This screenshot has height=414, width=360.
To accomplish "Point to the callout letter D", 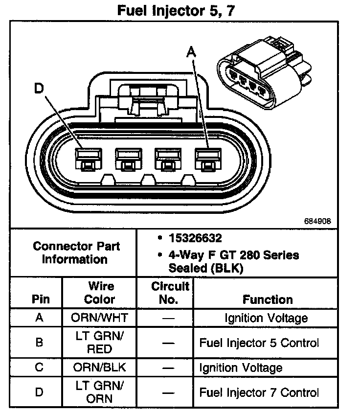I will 40,88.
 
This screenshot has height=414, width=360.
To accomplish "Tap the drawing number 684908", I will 317,221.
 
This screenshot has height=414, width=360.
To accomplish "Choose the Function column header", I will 267,299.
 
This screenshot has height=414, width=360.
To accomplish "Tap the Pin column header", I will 40,299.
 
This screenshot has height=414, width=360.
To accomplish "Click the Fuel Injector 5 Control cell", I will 259,343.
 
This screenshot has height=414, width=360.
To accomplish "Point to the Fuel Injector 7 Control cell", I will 259,392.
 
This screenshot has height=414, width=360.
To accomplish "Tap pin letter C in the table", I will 40,368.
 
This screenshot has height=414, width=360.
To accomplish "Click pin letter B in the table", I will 40,343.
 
